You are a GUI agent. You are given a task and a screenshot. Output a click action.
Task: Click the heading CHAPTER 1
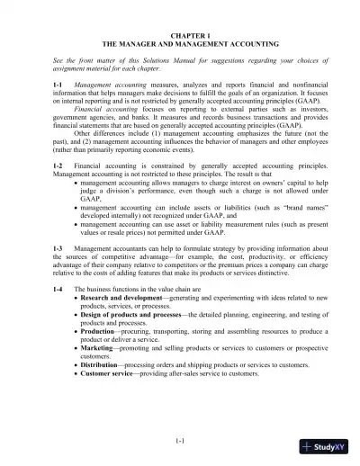[180, 33]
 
